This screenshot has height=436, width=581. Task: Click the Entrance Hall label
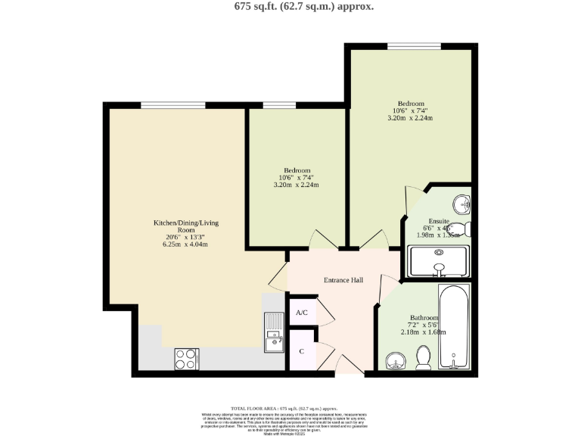click(343, 281)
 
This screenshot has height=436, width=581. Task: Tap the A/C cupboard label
click(301, 313)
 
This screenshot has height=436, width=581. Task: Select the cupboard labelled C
click(301, 351)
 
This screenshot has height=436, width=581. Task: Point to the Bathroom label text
click(424, 318)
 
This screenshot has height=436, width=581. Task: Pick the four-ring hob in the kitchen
click(186, 358)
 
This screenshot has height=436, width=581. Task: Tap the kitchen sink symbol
click(273, 333)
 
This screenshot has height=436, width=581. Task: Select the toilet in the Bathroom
click(424, 357)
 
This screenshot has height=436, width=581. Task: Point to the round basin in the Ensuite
click(461, 204)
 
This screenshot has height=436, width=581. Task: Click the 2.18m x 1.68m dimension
click(424, 332)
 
